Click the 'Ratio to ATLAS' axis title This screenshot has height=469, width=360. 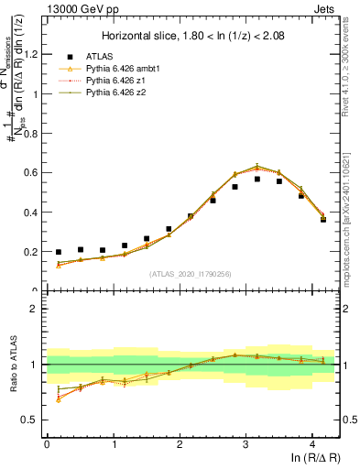[12, 364]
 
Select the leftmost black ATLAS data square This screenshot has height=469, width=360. [59, 252]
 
